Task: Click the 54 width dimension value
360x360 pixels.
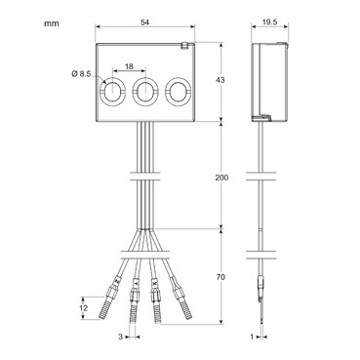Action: (x=144, y=21)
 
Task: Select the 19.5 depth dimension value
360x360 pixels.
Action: (x=269, y=21)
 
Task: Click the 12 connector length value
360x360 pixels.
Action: (x=85, y=309)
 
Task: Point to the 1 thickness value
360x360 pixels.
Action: (x=252, y=338)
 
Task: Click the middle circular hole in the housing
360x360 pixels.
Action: (x=145, y=94)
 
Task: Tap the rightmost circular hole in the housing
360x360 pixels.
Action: (x=178, y=94)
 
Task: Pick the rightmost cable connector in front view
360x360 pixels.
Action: (x=179, y=294)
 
